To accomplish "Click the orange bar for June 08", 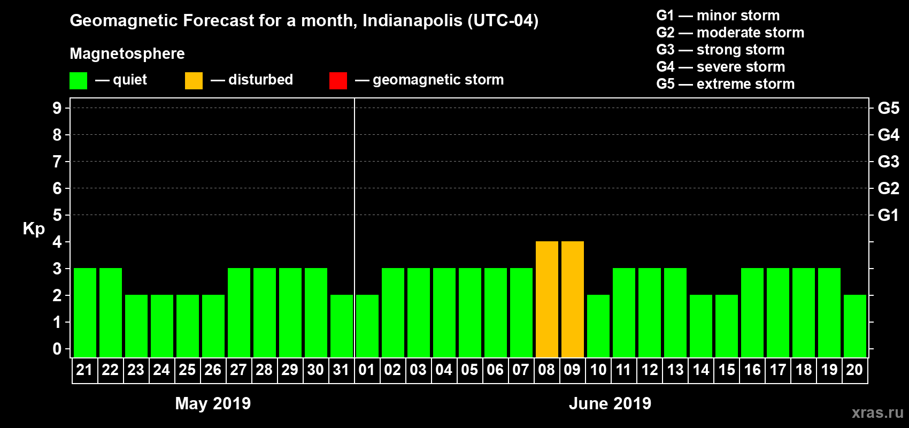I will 546,299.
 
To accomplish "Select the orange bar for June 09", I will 572,299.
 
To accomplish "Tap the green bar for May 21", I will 84,312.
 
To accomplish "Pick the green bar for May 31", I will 341,326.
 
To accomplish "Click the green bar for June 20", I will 854,326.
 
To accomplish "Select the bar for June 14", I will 700,326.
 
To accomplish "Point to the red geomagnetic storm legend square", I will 338,80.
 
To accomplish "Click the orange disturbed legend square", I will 194,80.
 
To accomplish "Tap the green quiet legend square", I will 78,80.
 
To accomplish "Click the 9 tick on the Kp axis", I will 57,108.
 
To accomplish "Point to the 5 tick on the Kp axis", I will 57,215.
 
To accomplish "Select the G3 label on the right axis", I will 888,162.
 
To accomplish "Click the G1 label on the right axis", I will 888,215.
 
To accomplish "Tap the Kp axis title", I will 34,229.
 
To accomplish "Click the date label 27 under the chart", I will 238,370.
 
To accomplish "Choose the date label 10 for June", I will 598,370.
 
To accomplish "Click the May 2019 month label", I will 213,403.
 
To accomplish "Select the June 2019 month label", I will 610,403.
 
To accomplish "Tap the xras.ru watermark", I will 877,412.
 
